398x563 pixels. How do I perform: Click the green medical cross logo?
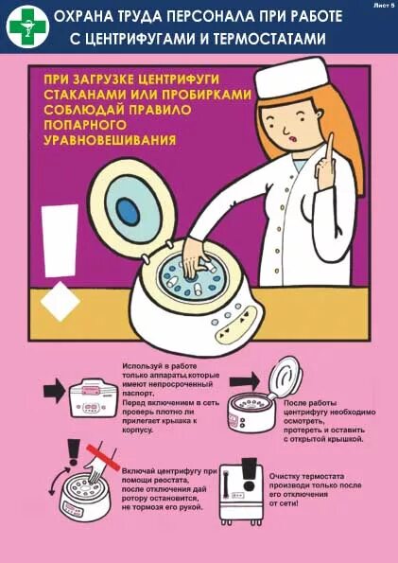[26, 26]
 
